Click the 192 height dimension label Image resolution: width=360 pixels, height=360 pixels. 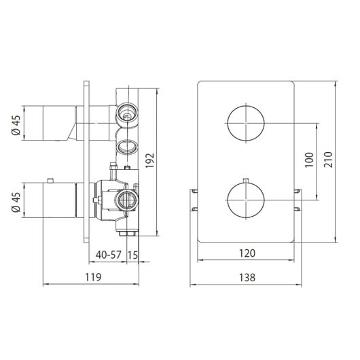click(x=149, y=160)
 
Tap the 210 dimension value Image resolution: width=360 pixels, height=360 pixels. click(x=328, y=160)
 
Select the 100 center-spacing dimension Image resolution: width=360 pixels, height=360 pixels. click(x=309, y=160)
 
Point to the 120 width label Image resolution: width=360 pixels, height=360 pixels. click(x=247, y=253)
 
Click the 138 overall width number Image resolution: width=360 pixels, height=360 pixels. click(x=247, y=278)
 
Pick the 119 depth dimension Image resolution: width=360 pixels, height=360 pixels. click(x=93, y=277)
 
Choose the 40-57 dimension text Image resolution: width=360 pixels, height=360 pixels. click(x=109, y=255)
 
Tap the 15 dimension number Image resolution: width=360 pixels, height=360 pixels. click(x=132, y=255)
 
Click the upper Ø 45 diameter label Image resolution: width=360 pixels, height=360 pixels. click(x=16, y=126)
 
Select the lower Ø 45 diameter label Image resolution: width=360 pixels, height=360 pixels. click(x=16, y=202)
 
